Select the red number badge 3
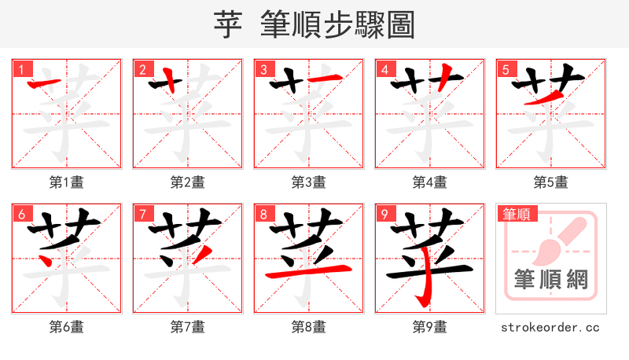pos(263,69)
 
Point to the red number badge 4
pos(384,69)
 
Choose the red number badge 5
pos(506,69)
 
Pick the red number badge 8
pos(263,214)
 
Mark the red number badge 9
pos(384,214)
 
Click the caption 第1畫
pos(67,182)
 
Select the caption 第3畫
pos(309,182)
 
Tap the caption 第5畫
pos(550,182)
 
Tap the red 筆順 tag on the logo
pos(516,214)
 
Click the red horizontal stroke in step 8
pos(308,273)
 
